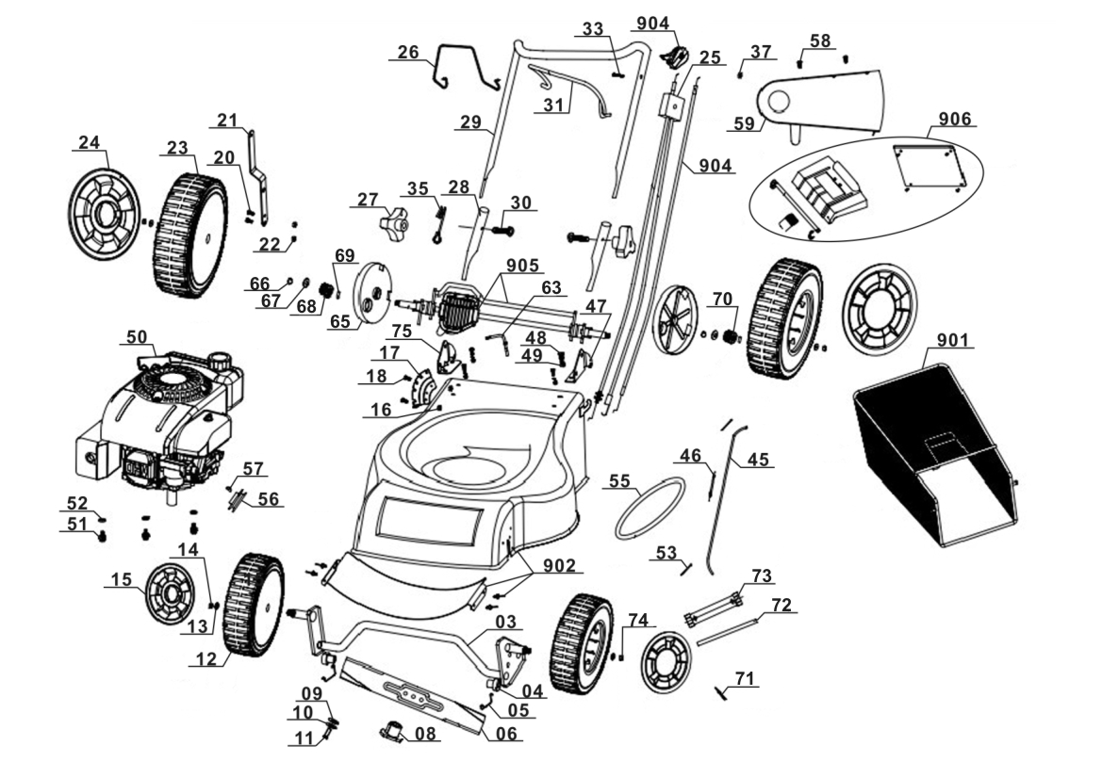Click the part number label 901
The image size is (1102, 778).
[x=954, y=339]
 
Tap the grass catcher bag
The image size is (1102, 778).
[x=933, y=452]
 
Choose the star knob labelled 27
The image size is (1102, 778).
[x=395, y=226]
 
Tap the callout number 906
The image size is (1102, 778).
[x=955, y=120]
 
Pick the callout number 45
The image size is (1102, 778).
[x=759, y=460]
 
